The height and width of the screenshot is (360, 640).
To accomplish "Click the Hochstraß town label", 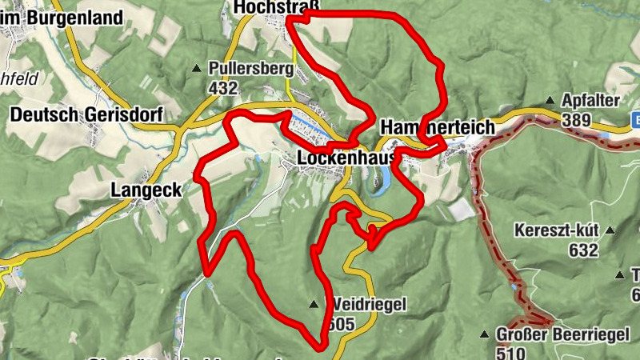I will tap(276, 7).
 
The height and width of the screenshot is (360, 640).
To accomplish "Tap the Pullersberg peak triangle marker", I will tap(197, 68).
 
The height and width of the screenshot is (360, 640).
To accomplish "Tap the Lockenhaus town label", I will tap(347, 158).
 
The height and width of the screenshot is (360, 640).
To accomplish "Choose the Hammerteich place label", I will tap(438, 127).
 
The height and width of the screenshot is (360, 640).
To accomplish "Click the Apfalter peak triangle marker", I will tap(550, 101).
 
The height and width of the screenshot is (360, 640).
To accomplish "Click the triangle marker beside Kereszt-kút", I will tap(610, 230).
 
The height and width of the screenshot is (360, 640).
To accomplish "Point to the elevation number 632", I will tap(584, 251).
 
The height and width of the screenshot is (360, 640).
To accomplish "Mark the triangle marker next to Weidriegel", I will tap(314, 304).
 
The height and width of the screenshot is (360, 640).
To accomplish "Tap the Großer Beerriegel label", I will tap(558, 334).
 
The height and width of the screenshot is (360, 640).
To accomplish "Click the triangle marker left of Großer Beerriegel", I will tap(485, 334).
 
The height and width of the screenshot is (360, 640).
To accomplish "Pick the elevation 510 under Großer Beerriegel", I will tap(510, 353).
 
